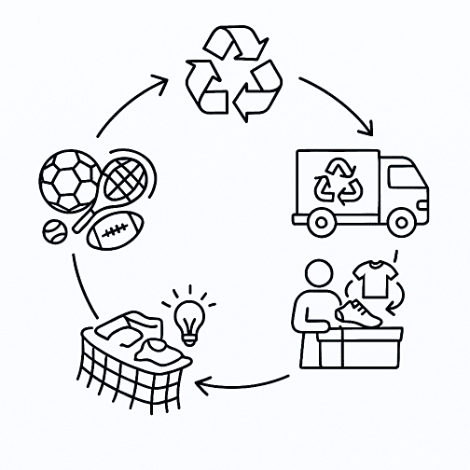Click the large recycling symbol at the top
point(234,74)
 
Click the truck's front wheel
point(402,222)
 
